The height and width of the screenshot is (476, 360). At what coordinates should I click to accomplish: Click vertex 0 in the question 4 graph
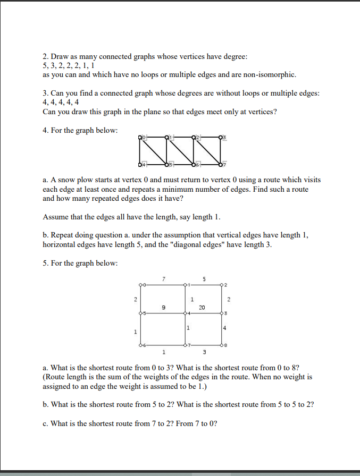(141, 137)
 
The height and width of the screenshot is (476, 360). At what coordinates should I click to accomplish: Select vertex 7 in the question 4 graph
(220, 163)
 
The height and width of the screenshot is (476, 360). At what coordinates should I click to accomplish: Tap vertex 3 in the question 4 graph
(220, 137)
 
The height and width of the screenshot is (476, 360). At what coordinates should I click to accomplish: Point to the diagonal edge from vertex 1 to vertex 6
(180, 150)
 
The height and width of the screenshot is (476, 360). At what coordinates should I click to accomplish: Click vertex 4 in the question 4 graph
(141, 163)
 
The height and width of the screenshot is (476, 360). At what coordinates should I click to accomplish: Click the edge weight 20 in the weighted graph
(202, 307)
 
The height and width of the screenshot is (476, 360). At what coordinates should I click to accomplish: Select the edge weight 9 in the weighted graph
(164, 307)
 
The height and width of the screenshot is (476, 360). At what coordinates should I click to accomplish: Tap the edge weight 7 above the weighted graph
(164, 278)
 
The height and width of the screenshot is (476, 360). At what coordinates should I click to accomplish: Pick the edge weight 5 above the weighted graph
(204, 278)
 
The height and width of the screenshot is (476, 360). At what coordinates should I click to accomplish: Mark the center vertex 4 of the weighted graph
(185, 314)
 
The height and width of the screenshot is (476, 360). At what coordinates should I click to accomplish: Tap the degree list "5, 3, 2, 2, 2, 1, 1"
(68, 65)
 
